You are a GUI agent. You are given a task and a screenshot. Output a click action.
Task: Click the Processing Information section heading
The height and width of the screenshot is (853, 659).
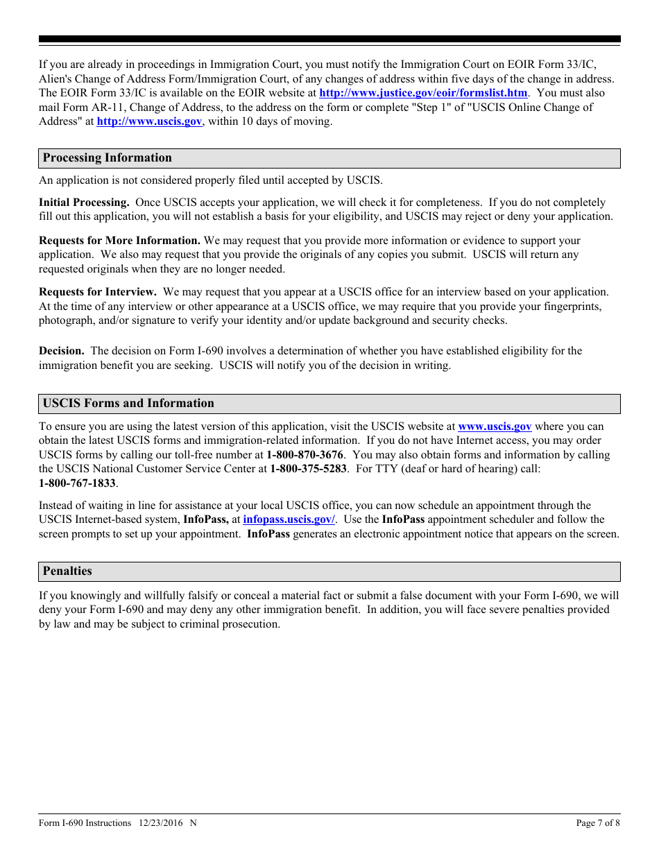pos(107,158)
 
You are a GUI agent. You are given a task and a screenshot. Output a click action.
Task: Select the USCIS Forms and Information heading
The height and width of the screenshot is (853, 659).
pos(128,404)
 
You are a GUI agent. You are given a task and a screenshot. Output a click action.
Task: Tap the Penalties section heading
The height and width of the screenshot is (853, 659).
pos(67,571)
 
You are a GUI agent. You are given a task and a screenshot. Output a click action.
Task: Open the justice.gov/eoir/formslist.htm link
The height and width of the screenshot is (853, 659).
pos(422,93)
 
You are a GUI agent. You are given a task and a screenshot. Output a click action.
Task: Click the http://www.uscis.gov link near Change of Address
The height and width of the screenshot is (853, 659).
pos(149,121)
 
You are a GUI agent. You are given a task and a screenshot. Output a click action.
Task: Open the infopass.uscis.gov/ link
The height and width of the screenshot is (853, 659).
pos(289,519)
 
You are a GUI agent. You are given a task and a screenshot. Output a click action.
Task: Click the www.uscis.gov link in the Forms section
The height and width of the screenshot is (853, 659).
pos(495,426)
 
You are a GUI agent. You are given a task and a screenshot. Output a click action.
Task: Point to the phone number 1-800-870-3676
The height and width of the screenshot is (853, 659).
pos(305,455)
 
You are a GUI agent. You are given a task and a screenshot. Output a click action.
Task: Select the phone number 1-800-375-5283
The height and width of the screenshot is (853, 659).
pos(308,469)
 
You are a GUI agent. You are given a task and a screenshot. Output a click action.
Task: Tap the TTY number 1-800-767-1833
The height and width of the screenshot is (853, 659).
pos(76,483)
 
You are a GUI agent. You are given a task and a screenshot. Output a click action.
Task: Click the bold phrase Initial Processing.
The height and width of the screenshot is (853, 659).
pos(84,203)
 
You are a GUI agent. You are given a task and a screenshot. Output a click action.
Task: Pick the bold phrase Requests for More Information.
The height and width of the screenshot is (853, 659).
pos(119,241)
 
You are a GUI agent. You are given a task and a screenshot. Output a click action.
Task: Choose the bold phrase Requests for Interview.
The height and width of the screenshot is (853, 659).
pos(97,292)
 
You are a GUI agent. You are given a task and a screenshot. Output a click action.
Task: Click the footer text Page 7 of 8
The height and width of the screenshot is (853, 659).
pos(598,823)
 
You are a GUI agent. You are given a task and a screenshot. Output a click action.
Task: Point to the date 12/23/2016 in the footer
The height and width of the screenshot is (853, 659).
pos(160,823)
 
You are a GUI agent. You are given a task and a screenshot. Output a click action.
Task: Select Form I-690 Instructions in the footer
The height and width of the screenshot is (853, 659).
pos(85,823)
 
